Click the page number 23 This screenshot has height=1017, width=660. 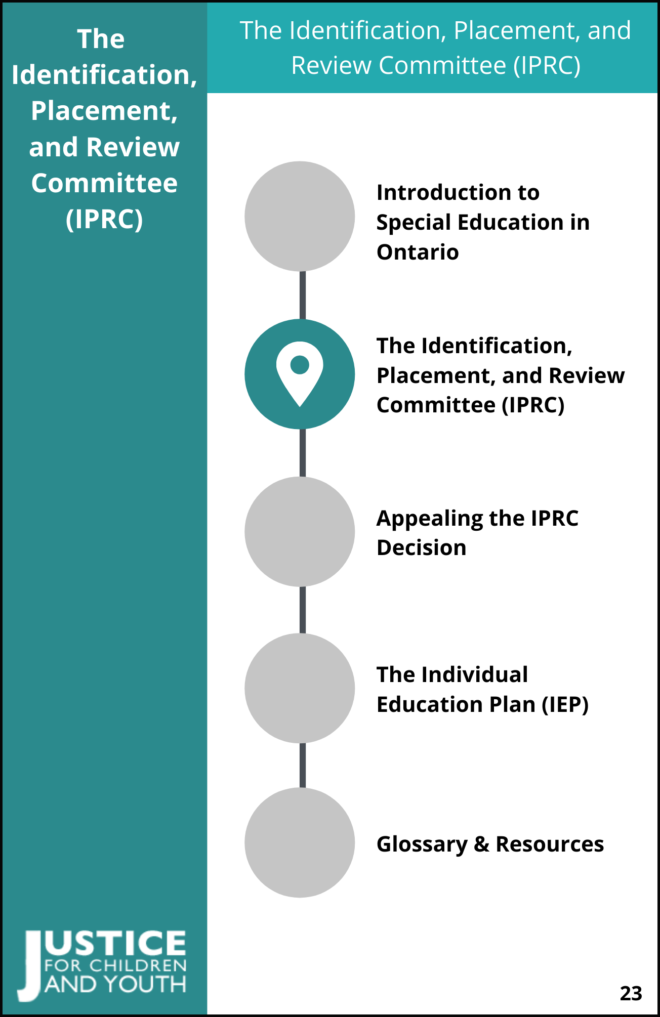[631, 993]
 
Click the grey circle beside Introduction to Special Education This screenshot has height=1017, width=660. [300, 216]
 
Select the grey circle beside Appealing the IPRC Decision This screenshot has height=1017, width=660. [300, 531]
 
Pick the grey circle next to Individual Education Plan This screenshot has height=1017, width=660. [300, 688]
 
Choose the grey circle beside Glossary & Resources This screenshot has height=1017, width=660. [300, 842]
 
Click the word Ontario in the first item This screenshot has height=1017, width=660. [418, 252]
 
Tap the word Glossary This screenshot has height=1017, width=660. [422, 844]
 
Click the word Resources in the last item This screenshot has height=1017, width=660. [550, 844]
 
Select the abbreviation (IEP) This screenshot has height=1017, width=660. [565, 705]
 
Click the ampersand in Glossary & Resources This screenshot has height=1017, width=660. [482, 844]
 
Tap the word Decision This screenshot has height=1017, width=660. [422, 547]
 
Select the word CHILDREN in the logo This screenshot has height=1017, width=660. [138, 965]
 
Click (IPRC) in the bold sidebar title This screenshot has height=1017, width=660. [104, 219]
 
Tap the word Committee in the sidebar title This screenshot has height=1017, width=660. [104, 183]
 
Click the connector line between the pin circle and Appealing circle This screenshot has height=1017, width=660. [303, 453]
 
